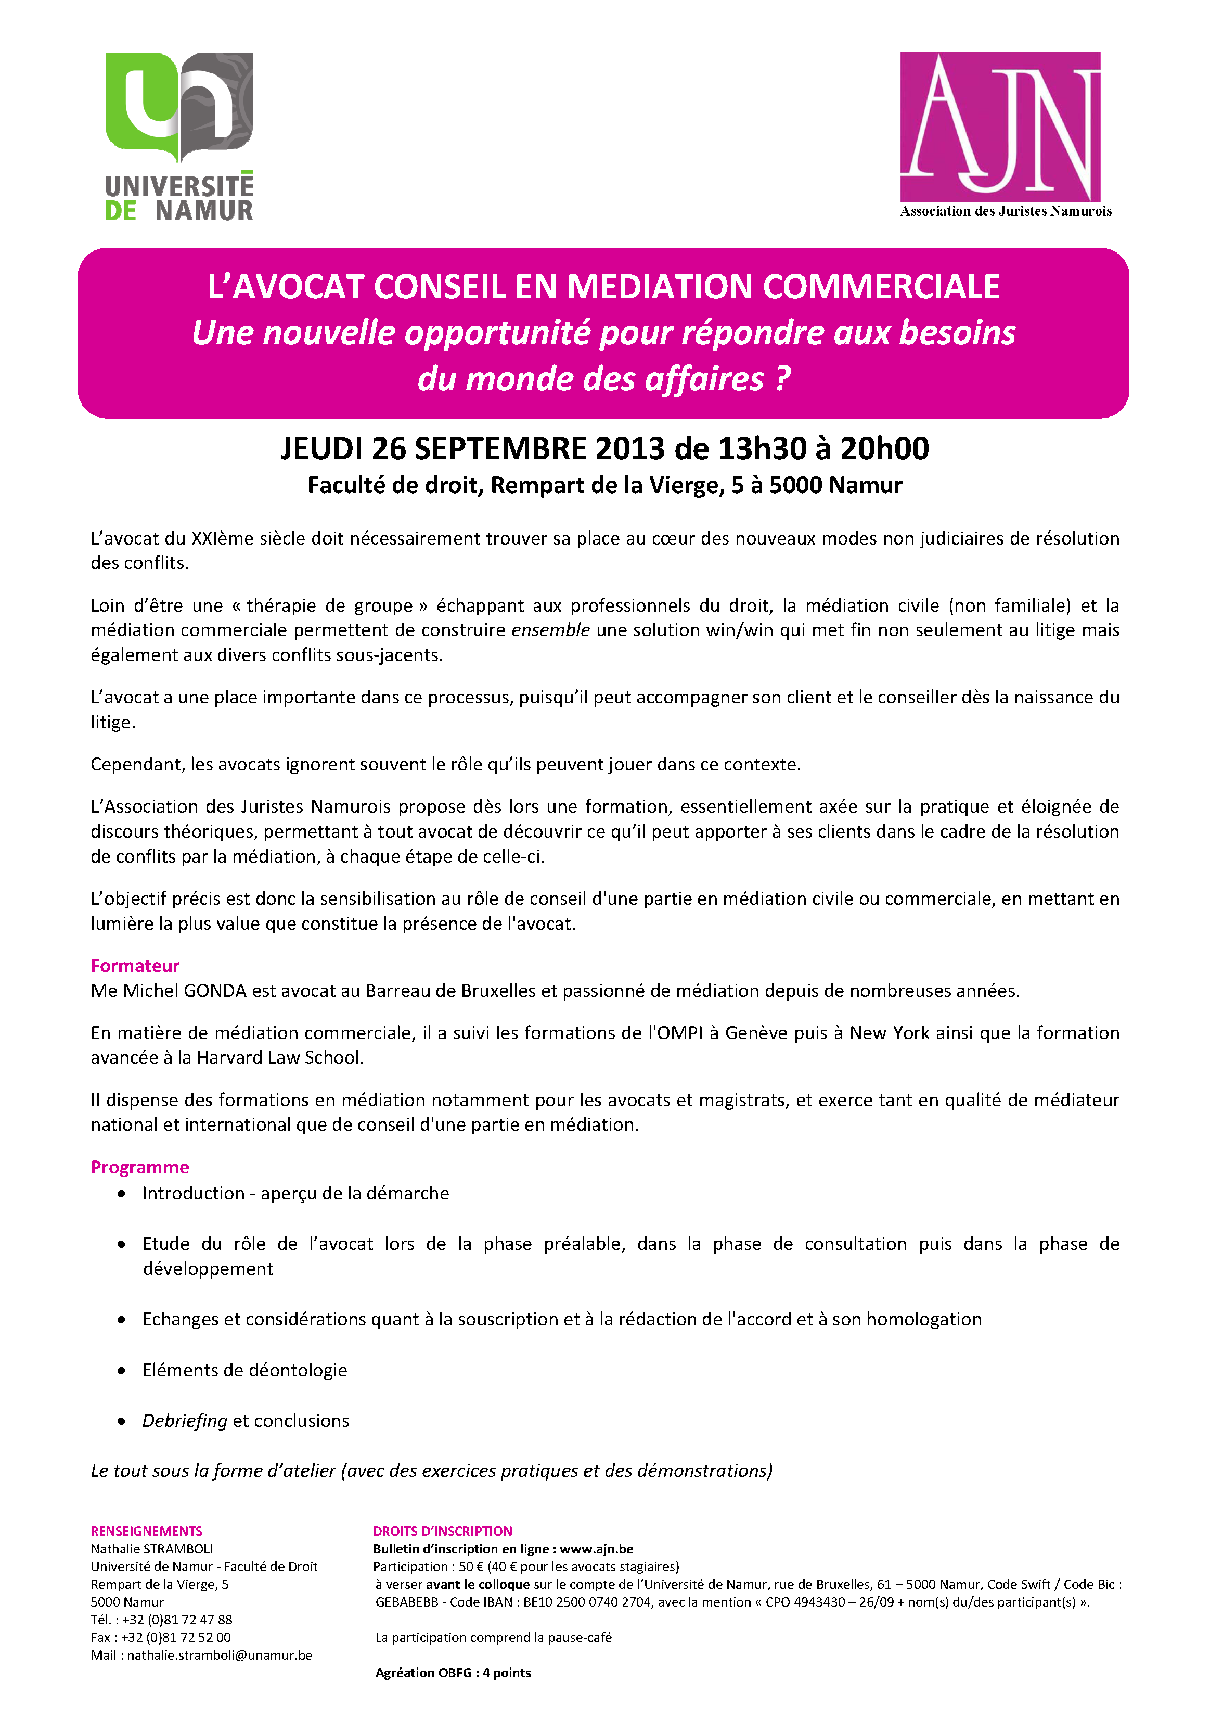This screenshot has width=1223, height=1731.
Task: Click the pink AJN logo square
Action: pyautogui.click(x=1000, y=126)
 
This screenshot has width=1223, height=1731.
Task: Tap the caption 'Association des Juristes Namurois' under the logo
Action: pyautogui.click(x=1005, y=211)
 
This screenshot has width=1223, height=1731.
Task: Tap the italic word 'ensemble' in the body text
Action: pyautogui.click(x=550, y=630)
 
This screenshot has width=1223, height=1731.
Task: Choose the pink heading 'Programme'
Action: pyautogui.click(x=139, y=1167)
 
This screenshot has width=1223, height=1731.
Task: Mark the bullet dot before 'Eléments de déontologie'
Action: pyautogui.click(x=121, y=1371)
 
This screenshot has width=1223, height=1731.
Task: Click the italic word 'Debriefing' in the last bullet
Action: pyautogui.click(x=185, y=1421)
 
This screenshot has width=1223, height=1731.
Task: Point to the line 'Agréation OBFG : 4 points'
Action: pyautogui.click(x=453, y=1673)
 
